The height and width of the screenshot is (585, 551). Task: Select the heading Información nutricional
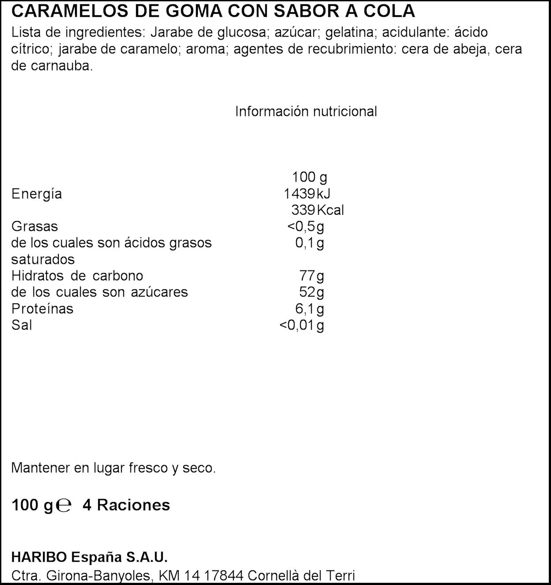(x=306, y=111)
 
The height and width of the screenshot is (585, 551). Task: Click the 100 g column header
(x=309, y=177)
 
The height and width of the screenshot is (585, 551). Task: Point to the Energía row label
(x=37, y=194)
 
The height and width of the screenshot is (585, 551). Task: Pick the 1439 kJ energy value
(x=307, y=193)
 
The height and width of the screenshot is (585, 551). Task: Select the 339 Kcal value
(x=317, y=210)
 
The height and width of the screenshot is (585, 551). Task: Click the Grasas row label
(x=34, y=226)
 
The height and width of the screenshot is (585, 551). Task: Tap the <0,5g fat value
(x=305, y=226)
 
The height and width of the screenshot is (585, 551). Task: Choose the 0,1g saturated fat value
(x=309, y=243)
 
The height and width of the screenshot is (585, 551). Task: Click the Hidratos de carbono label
(x=77, y=276)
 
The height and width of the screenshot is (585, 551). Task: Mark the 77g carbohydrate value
(x=311, y=276)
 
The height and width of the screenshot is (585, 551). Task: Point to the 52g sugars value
(x=311, y=292)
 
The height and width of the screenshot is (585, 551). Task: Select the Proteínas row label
(x=42, y=308)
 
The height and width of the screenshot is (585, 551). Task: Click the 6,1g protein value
(x=309, y=308)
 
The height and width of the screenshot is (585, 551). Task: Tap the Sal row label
(x=22, y=325)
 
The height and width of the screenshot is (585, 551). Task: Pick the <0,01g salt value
(x=302, y=325)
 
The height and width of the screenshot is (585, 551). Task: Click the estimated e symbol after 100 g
(x=64, y=506)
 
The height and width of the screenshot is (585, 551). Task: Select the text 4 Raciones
(x=126, y=505)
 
